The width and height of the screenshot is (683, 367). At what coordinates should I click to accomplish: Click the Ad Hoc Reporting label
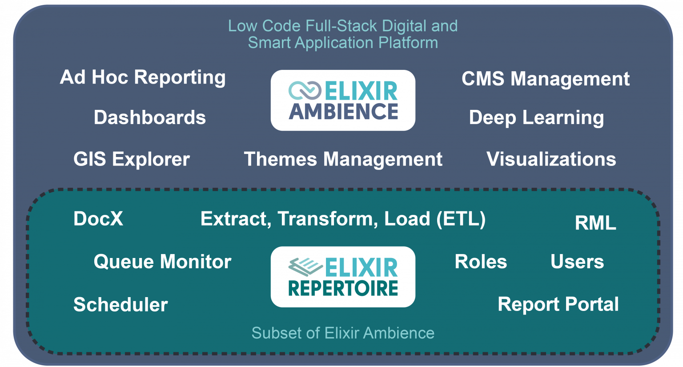(x=142, y=78)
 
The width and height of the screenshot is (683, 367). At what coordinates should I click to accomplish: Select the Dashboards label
(x=149, y=118)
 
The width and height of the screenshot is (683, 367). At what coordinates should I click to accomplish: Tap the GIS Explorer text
(x=131, y=159)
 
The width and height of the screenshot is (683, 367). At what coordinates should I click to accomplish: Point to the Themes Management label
(x=343, y=159)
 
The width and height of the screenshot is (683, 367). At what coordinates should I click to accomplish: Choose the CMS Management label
(x=545, y=79)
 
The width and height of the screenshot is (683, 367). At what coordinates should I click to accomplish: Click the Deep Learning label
(x=536, y=118)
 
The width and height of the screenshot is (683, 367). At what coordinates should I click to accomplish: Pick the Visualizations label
(x=551, y=159)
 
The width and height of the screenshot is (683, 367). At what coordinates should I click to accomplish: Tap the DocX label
(x=98, y=219)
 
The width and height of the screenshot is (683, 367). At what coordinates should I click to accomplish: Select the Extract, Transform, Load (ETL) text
(x=343, y=219)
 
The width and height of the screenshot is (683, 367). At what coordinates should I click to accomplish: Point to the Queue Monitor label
(x=162, y=262)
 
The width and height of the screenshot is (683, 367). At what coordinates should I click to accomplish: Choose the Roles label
(x=481, y=262)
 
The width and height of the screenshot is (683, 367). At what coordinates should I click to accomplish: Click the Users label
(x=577, y=262)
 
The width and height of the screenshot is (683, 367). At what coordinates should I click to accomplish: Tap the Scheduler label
(x=120, y=305)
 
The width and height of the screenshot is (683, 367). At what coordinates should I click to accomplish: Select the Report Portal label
(x=558, y=305)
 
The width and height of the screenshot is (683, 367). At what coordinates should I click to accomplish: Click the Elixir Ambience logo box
(x=343, y=101)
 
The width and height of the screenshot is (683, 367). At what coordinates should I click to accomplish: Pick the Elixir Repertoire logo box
(x=343, y=277)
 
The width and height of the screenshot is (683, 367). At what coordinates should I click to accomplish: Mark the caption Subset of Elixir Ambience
(x=343, y=333)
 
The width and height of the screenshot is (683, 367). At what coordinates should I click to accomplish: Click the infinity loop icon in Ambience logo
(x=305, y=90)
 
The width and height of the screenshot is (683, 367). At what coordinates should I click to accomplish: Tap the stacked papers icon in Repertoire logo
(x=305, y=266)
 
